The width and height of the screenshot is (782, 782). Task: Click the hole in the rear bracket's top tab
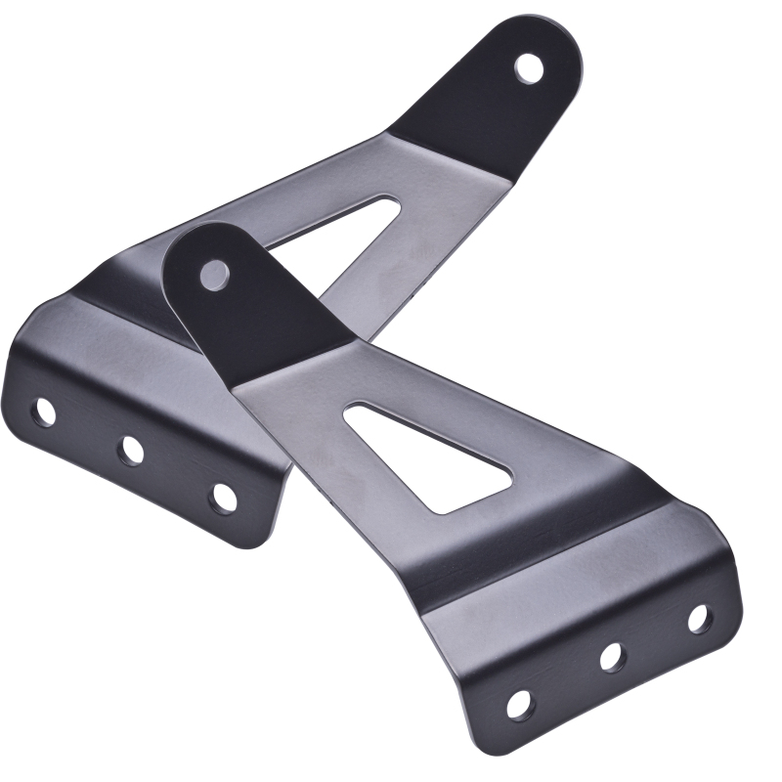coord(529,67)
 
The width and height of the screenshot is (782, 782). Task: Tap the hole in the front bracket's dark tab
coord(213,274)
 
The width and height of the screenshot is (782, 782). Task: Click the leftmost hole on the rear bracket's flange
coord(44,412)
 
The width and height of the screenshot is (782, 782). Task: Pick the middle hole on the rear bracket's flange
coord(131,449)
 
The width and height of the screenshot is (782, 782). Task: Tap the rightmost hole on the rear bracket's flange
coord(223,497)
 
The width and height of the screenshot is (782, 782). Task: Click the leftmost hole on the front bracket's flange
coord(519,703)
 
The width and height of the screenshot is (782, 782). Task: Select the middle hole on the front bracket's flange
coord(613,657)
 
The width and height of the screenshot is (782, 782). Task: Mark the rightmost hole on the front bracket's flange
coord(698,618)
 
